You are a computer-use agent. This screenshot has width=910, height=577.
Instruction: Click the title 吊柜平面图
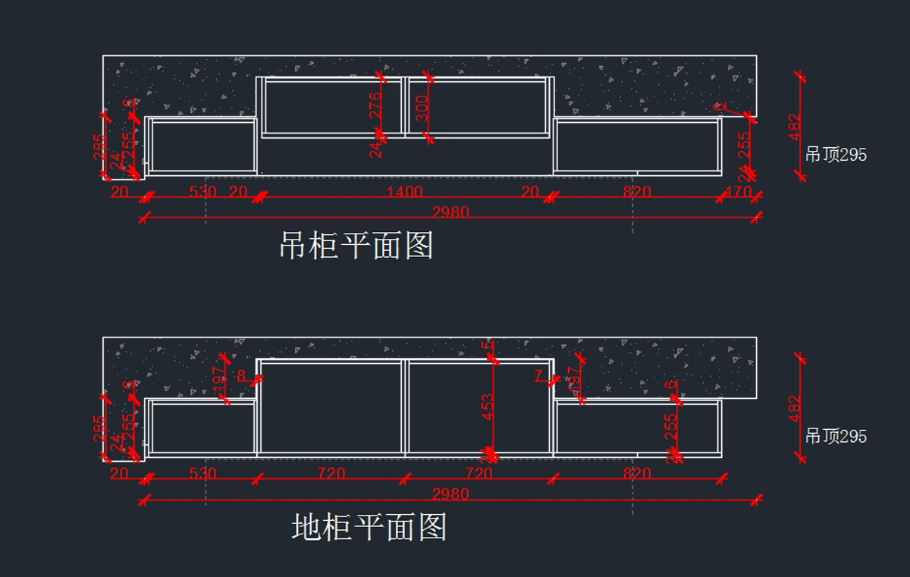coord(356,246)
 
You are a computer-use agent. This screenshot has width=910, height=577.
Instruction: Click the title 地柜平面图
coord(369,527)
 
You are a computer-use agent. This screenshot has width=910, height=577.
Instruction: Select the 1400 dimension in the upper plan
coord(404,192)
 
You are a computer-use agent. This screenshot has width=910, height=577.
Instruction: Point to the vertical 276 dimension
coord(375,106)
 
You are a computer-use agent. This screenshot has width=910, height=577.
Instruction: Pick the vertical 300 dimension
coord(422,108)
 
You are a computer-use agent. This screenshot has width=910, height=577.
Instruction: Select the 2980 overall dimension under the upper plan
coord(450,212)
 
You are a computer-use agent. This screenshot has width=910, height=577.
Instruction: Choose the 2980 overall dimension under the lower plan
coord(450,494)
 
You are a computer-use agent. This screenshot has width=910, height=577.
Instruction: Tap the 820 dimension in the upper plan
coord(637,192)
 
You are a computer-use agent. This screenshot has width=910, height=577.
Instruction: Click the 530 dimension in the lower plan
coord(202,474)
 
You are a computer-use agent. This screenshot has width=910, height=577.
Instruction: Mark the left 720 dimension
coord(331,474)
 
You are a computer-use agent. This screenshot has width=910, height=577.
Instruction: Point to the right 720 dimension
coord(479,474)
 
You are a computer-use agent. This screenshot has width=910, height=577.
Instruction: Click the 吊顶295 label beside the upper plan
coord(836,155)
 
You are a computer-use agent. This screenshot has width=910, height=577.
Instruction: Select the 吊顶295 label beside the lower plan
coord(836,437)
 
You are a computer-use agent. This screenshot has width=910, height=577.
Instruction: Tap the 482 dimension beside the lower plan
coord(795,408)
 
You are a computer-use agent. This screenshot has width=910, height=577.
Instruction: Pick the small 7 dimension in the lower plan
coord(538,375)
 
